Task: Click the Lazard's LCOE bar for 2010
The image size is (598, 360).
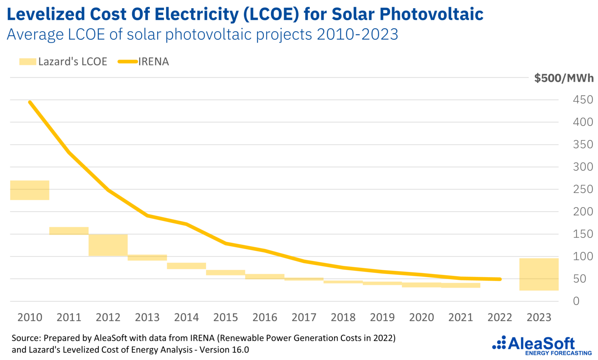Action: tap(30, 190)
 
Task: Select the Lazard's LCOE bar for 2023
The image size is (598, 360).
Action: tap(539, 274)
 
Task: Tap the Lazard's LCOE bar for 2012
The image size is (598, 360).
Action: tap(108, 245)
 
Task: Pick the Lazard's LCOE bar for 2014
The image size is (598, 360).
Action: tap(186, 266)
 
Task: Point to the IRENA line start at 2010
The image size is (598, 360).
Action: tap(30, 102)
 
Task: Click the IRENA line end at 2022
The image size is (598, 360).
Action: tap(500, 279)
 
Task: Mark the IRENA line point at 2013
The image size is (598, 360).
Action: tap(148, 215)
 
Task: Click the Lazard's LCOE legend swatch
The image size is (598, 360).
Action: tap(28, 62)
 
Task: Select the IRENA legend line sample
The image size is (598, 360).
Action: tap(128, 62)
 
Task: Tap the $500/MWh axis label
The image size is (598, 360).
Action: tap(564, 78)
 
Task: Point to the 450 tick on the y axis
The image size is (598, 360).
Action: tap(582, 100)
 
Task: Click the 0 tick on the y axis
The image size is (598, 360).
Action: tap(576, 301)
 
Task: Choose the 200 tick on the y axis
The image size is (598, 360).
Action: tap(582, 212)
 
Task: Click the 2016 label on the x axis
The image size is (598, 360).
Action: tap(265, 318)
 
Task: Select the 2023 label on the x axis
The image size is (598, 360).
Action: tap(539, 318)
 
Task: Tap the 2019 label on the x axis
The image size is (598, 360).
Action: tap(382, 318)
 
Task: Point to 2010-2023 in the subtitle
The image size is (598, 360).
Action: tap(357, 34)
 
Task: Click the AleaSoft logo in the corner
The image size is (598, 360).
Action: tap(542, 345)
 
